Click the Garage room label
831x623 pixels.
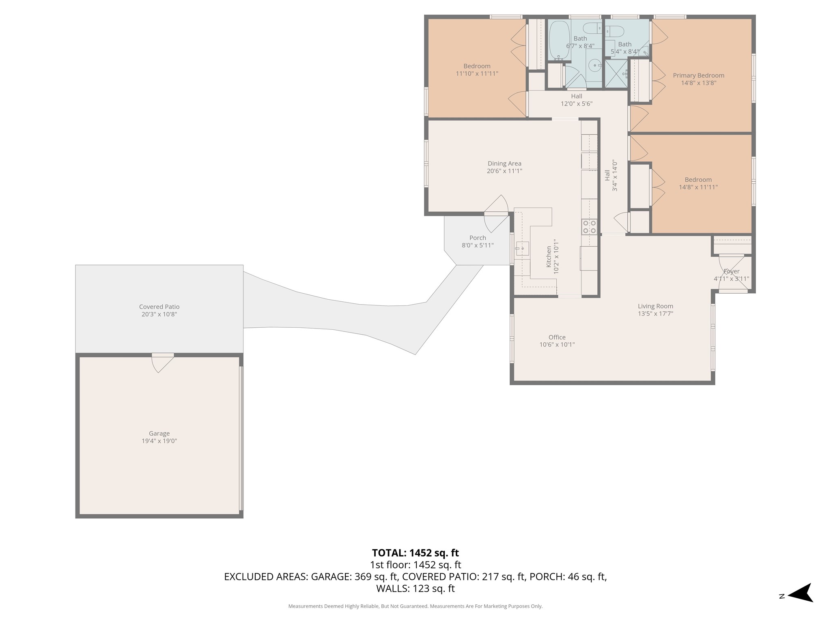[159, 433]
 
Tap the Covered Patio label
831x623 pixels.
[159, 307]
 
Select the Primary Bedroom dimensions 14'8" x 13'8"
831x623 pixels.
[698, 83]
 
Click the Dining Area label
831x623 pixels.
[504, 163]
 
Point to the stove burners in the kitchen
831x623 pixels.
[589, 227]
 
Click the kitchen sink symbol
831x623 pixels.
[522, 248]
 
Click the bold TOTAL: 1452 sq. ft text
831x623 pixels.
[415, 553]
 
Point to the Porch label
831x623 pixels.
[478, 238]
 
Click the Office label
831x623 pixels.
[557, 337]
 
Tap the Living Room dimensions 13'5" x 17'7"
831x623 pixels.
[655, 314]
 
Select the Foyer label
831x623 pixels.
[732, 271]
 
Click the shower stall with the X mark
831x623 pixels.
[616, 73]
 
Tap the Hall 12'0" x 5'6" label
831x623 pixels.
[576, 100]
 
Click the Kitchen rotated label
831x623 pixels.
[549, 256]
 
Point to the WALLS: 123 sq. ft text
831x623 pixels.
[415, 589]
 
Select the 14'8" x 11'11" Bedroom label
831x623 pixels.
[698, 183]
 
